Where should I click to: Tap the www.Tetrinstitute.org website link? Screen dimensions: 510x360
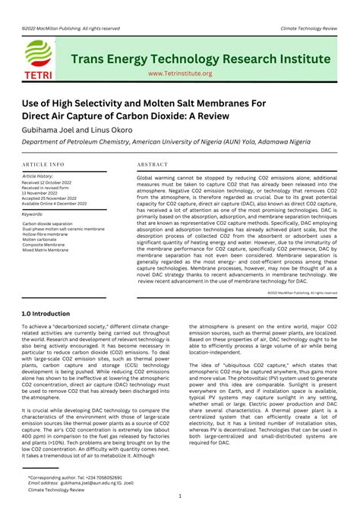[180, 74]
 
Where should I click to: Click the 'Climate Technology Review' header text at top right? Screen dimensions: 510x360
[308, 27]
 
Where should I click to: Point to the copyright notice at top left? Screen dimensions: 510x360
[60, 27]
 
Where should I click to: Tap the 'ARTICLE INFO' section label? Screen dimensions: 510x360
[43, 164]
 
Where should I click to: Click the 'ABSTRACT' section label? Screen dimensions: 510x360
[153, 164]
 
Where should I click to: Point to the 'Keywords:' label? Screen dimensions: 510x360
[33, 214]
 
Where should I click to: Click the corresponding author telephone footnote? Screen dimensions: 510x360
[74, 477]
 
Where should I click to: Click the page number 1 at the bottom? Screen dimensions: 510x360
[180, 496]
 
